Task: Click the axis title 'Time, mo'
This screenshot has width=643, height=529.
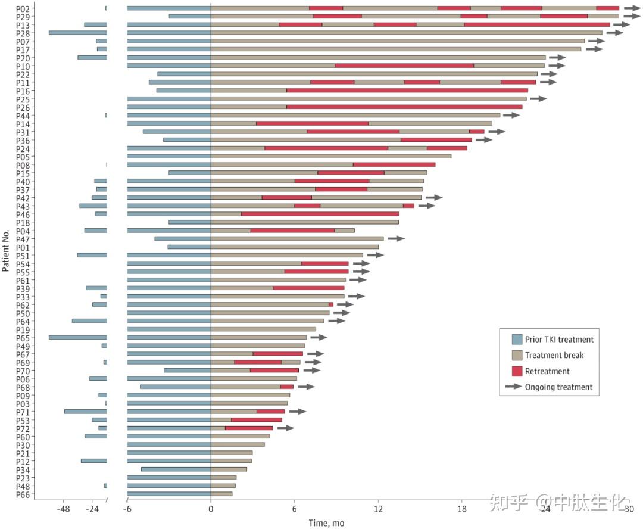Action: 326,522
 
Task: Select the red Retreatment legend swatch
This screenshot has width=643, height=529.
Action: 517,371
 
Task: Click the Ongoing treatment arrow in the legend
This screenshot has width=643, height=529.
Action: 513,387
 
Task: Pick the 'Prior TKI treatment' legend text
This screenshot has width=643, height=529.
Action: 559,340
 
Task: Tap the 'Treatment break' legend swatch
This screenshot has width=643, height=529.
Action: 517,355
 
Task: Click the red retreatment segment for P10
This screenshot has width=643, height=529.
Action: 404,66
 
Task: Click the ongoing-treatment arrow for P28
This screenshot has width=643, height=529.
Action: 614,33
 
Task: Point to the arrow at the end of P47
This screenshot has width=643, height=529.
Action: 396,238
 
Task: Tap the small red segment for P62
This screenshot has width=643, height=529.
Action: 331,304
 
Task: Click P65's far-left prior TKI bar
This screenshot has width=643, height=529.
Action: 77,337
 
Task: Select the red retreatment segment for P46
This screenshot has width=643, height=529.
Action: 320,214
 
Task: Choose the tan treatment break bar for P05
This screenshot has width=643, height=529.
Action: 331,156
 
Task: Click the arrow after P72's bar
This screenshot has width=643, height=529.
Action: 285,428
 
